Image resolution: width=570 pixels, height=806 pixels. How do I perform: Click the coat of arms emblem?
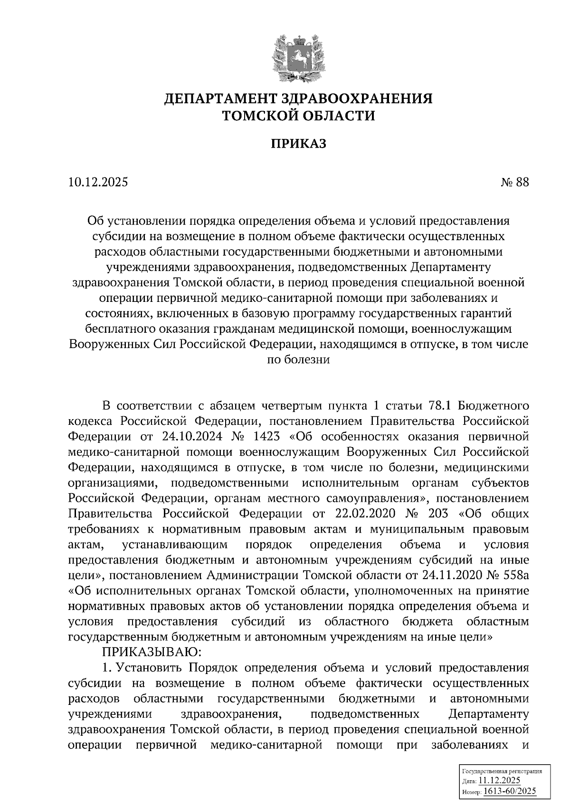(298, 58)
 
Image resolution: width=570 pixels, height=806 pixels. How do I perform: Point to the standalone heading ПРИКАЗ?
(298, 144)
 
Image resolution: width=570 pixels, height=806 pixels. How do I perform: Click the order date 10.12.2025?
(98, 183)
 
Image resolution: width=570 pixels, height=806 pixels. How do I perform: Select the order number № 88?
(514, 183)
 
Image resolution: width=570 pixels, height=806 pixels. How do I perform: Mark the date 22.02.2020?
(366, 514)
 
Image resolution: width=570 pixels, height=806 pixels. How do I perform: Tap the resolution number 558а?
(514, 576)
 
